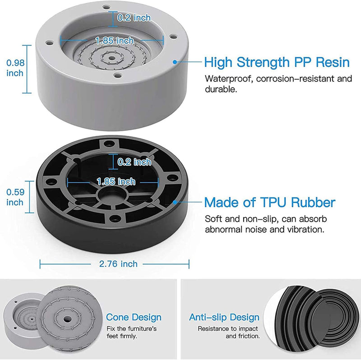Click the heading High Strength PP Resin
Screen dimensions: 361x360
[277, 62]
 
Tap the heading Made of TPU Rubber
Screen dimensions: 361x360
[269, 202]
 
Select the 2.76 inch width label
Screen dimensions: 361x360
[118, 264]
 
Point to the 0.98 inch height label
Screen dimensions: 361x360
[15, 68]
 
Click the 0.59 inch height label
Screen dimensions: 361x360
[15, 197]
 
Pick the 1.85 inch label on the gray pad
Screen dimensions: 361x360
[115, 41]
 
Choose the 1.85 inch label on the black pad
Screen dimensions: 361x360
[116, 182]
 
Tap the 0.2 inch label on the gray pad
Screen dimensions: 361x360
[134, 18]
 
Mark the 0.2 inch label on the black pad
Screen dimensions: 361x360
[134, 162]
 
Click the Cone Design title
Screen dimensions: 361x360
[134, 317]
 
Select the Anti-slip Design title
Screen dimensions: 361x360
[224, 317]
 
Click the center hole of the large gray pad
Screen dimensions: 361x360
[112, 58]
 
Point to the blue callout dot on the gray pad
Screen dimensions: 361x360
[175, 62]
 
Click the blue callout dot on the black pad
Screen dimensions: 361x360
[175, 202]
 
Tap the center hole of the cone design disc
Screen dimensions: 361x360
[67, 319]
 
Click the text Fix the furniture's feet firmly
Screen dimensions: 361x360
[131, 332]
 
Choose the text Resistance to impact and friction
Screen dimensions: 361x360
[229, 332]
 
